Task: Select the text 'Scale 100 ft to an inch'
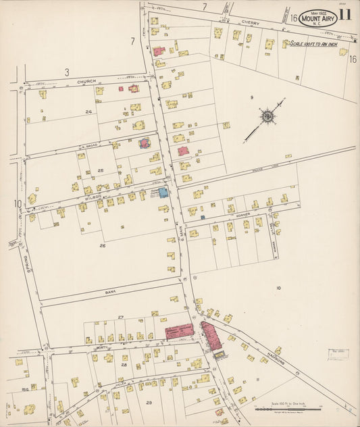pos(318,45)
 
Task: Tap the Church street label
pos(86,82)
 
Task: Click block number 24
pos(88,111)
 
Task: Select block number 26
pos(102,245)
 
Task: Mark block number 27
pos(120,317)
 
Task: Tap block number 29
pos(149,403)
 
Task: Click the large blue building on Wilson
pos(163,193)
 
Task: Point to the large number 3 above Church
pos(67,72)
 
